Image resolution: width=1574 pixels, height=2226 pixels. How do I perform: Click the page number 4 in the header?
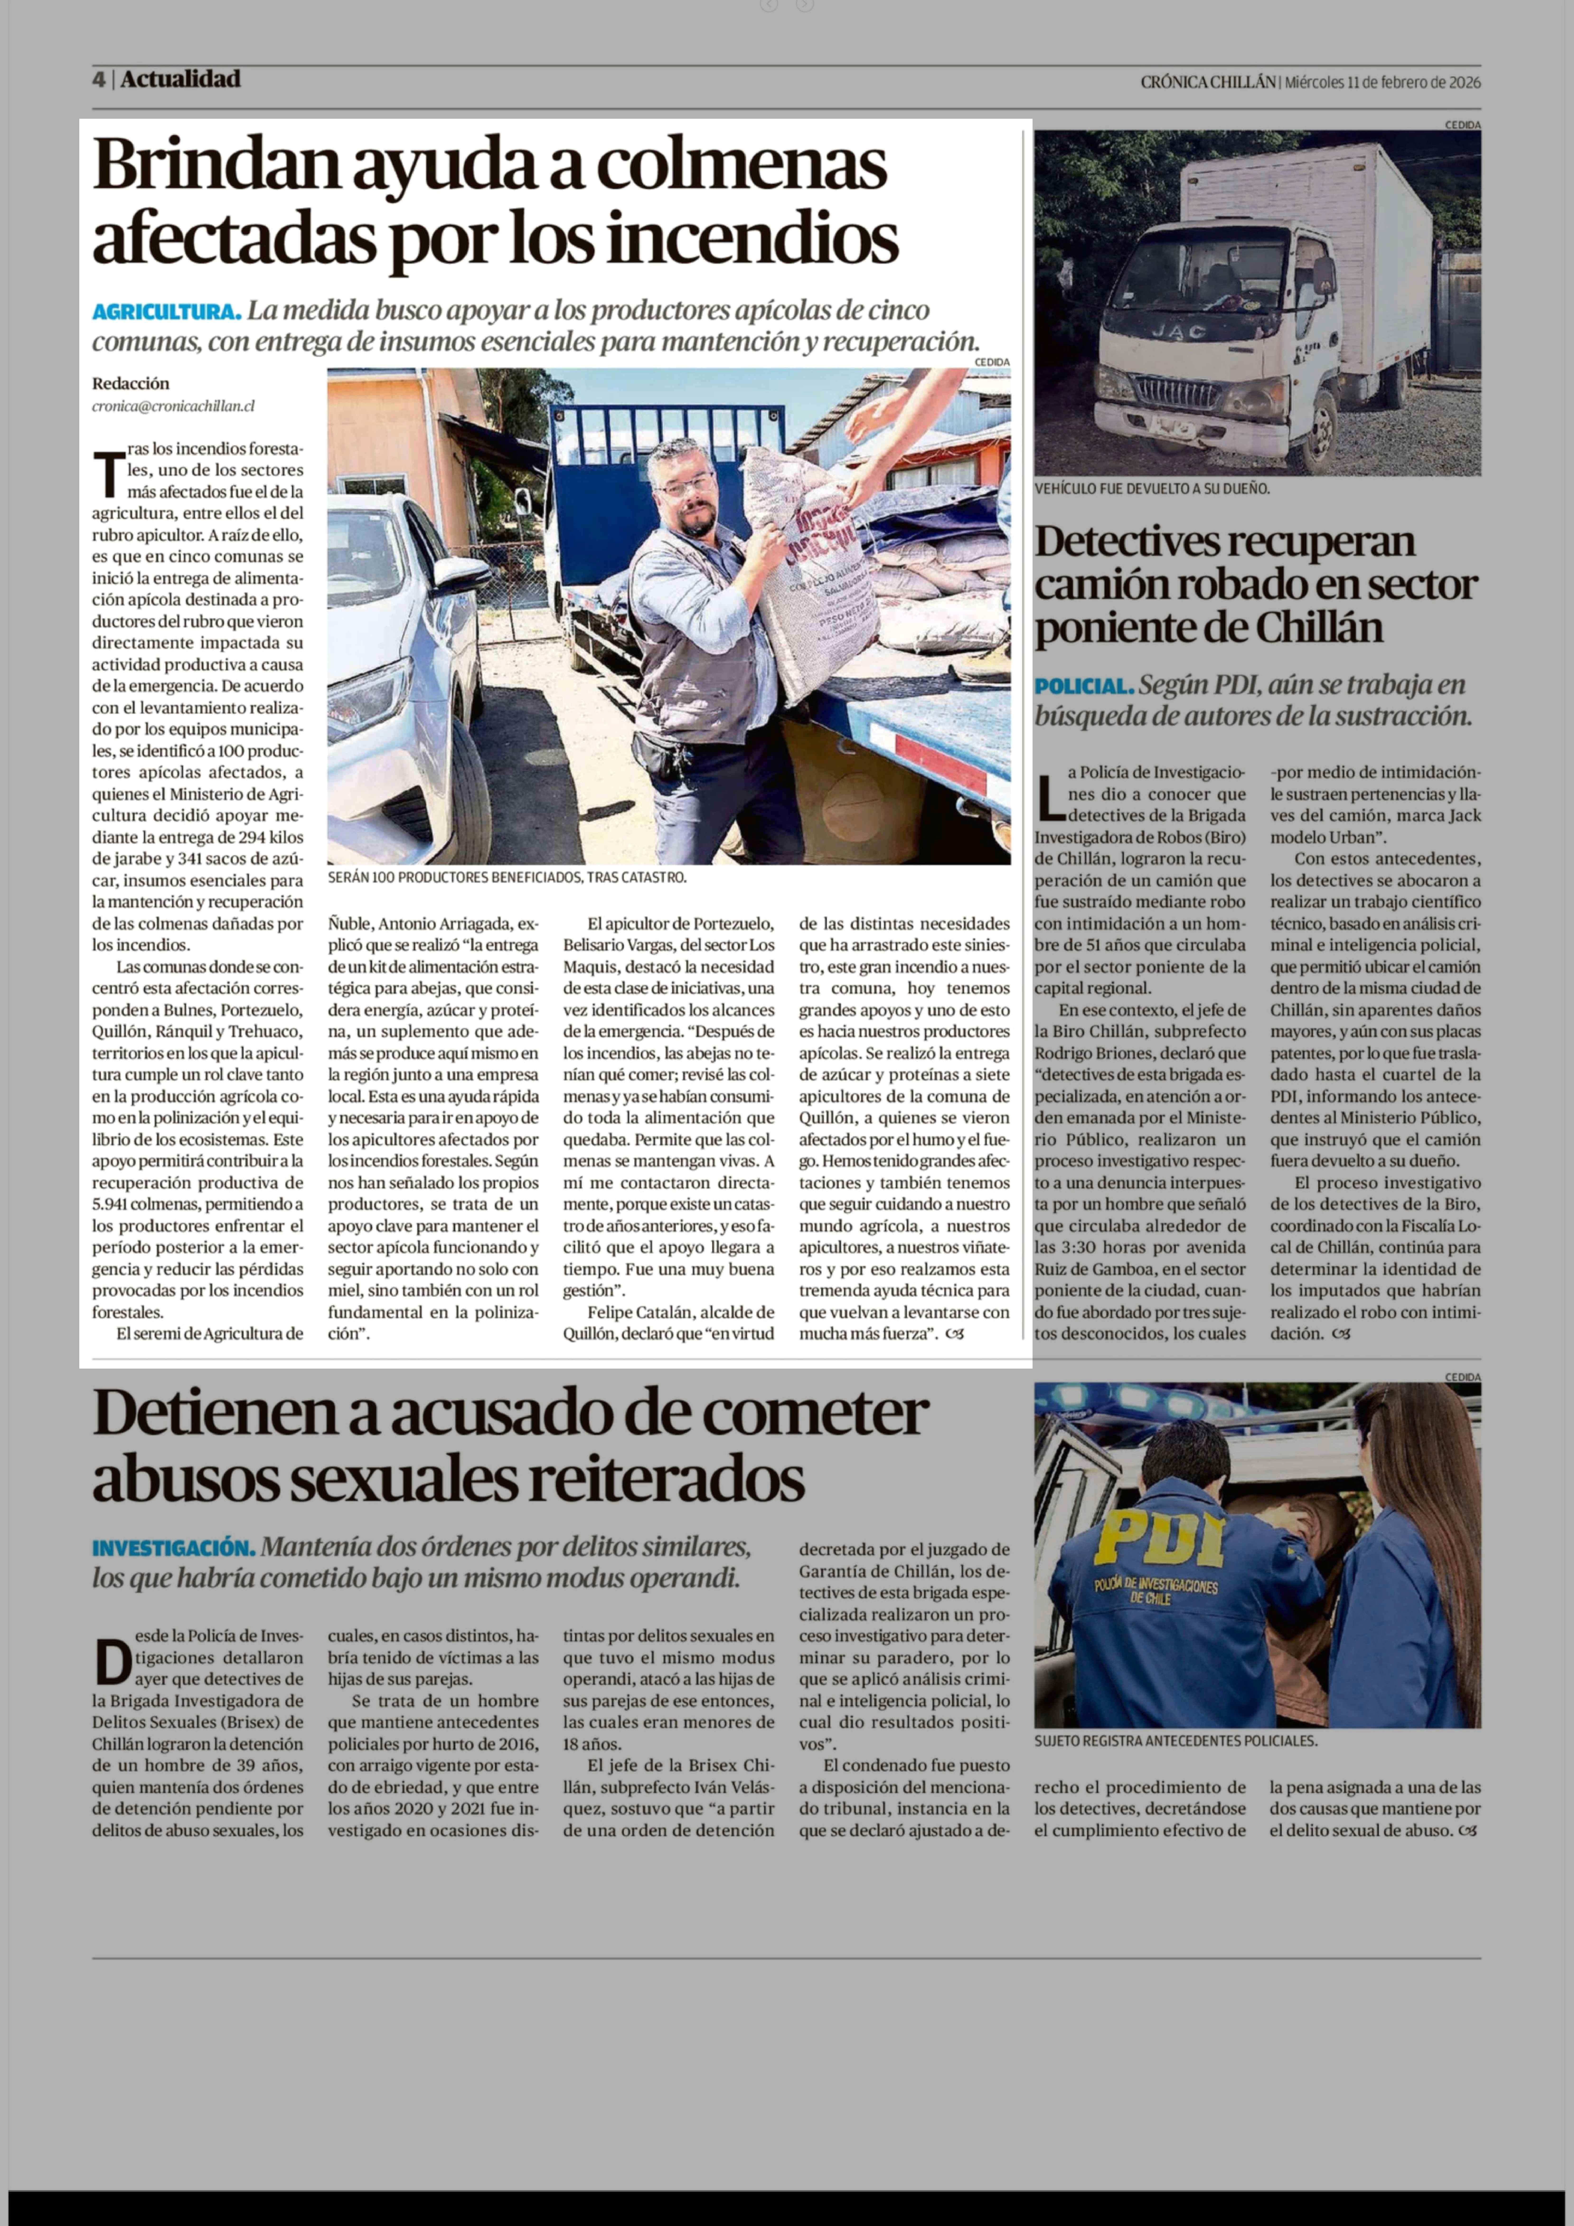point(98,80)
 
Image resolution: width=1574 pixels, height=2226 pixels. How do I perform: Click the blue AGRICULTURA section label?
point(166,312)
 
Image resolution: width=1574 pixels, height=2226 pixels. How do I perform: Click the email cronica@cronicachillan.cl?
point(174,406)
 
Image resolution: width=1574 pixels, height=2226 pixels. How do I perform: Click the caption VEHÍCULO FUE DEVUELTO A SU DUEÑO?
point(1151,489)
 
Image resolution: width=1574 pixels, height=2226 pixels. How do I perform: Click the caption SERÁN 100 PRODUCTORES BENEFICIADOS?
point(507,877)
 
